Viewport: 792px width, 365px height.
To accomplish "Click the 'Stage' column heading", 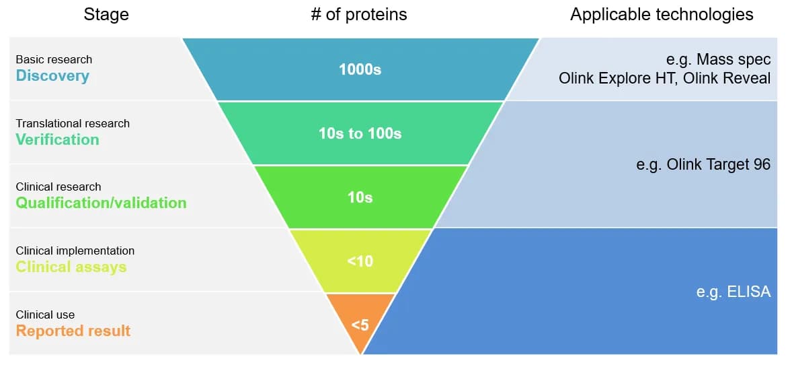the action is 106,15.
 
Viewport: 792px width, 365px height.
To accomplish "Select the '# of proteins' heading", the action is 359,14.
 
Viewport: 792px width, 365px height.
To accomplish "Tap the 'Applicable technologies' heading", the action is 662,15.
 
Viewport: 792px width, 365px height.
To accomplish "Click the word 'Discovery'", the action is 52,76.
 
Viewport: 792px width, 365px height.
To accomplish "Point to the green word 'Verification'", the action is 57,139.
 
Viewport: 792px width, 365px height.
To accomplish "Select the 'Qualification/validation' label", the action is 101,203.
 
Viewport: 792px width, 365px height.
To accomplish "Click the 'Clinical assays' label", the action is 71,267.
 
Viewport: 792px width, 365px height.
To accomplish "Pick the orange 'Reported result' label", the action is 73,331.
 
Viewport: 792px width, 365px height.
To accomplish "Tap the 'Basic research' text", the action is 54,59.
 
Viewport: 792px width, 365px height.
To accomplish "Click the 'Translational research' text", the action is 73,123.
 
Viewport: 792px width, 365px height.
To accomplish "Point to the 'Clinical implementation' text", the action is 75,251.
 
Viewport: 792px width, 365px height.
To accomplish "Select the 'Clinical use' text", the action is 46,314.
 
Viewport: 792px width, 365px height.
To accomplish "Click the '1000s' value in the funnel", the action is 360,69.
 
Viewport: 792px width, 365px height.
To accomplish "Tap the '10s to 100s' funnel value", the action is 360,133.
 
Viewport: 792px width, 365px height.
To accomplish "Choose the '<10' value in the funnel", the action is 360,261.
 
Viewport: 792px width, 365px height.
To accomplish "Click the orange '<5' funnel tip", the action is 360,325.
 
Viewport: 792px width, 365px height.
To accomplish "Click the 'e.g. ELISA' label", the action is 734,292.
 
